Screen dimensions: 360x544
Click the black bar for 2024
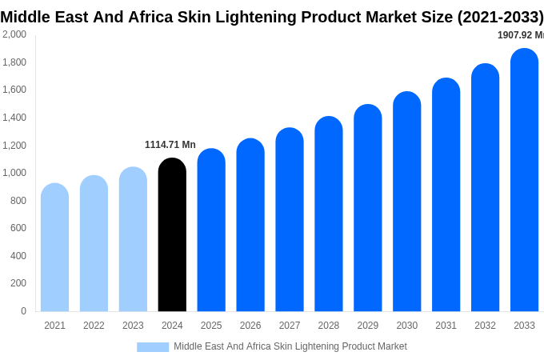[172, 235]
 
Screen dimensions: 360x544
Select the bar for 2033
[524, 180]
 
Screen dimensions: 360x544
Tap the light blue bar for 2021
[54, 248]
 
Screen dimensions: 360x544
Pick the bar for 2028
[329, 214]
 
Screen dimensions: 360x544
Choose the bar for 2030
[406, 202]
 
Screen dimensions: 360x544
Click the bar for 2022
[94, 244]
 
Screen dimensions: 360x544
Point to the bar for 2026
[250, 226]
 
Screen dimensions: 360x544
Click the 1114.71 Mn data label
[170, 145]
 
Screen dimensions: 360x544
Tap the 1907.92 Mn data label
[520, 35]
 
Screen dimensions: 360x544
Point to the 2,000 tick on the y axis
[14, 34]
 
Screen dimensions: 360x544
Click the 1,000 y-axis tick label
[14, 173]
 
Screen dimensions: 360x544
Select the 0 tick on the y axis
[23, 311]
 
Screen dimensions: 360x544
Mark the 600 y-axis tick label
[18, 228]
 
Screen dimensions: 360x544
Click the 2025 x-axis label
[211, 326]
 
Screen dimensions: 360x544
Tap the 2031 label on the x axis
[446, 326]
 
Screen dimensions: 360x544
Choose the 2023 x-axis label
[133, 326]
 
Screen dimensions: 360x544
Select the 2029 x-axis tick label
[368, 326]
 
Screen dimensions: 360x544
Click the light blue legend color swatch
[153, 347]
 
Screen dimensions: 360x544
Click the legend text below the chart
[290, 346]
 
